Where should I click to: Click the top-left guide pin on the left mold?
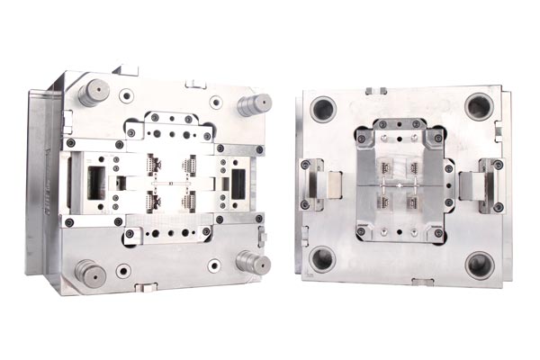click(94, 91)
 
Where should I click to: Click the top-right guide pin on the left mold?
click(255, 103)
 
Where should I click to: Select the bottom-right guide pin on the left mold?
click(253, 262)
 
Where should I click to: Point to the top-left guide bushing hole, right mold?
click(323, 109)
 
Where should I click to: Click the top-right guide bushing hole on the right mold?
click(479, 106)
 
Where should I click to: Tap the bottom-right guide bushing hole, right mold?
click(479, 265)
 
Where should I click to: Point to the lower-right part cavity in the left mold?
click(190, 199)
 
